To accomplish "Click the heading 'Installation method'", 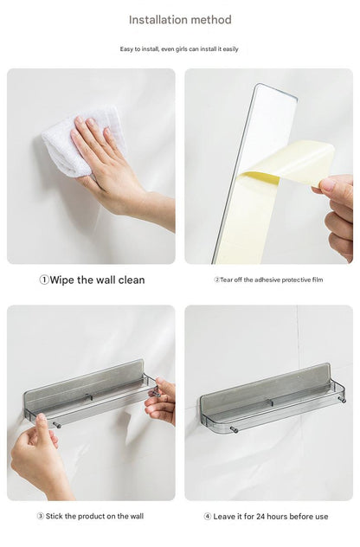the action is (180, 20).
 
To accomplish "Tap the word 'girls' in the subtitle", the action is (181, 49).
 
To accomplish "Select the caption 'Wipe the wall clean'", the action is (97, 280).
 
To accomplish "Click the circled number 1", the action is (44, 280).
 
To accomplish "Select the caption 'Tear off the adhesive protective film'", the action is (272, 280).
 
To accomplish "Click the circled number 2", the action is (216, 280).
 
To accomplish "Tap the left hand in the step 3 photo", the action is (38, 454).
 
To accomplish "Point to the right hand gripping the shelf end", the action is (160, 402).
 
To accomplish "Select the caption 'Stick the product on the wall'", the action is (94, 517).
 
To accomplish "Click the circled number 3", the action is (41, 517).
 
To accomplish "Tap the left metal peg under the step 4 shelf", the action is (234, 430).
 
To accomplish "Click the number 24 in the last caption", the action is (261, 517).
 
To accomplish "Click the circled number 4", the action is (208, 517).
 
